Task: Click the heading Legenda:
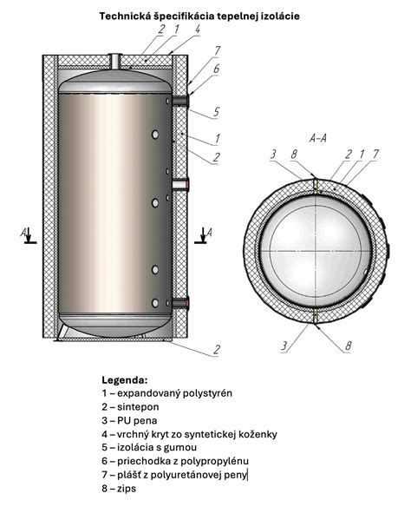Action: (x=125, y=379)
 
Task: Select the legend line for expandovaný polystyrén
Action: (x=167, y=393)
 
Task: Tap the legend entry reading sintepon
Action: (x=130, y=407)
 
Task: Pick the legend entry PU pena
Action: (x=129, y=420)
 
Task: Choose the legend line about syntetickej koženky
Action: (x=189, y=434)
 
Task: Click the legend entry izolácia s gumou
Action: (x=149, y=447)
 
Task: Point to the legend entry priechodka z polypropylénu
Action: (x=175, y=461)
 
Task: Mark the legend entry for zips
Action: (x=119, y=488)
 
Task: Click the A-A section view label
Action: (x=318, y=138)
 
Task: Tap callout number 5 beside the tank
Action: (x=216, y=112)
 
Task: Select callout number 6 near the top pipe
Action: (x=216, y=69)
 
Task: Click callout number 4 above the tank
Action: (x=198, y=30)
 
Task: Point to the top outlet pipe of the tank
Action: (x=115, y=61)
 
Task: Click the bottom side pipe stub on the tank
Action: (x=180, y=303)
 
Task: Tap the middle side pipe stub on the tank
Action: (x=180, y=185)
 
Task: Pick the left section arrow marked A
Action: (x=28, y=235)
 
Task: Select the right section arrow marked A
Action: (x=203, y=235)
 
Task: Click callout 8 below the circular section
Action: (x=348, y=346)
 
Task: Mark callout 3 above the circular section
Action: (x=273, y=155)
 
